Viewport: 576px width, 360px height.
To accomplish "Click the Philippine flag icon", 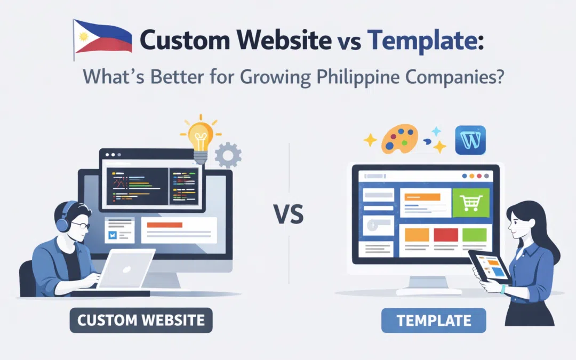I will point(102,37).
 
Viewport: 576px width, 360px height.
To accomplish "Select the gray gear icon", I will point(228,155).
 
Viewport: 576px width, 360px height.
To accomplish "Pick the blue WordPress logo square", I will point(471,140).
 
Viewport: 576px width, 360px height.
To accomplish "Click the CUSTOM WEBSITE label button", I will point(141,320).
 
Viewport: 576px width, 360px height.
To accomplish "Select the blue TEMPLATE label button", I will point(434,321).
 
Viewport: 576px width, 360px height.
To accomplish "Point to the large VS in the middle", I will point(289,216).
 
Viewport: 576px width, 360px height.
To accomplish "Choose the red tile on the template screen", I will point(445,235).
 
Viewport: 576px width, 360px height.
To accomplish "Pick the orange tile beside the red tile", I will point(417,235).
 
